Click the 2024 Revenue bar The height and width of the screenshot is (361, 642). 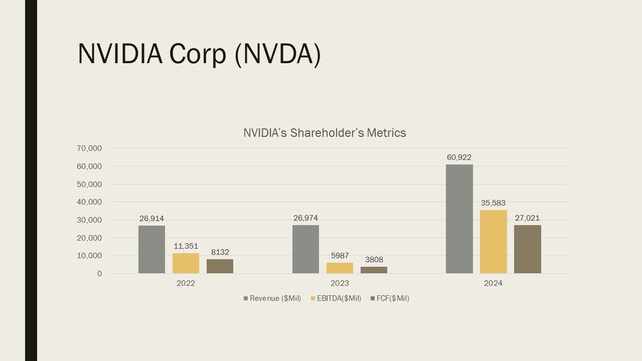click(459, 219)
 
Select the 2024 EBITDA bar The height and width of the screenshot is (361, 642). click(493, 241)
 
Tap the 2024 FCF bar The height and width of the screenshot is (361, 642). click(527, 249)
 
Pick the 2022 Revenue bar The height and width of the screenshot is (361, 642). click(152, 249)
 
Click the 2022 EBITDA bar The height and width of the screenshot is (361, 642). click(186, 263)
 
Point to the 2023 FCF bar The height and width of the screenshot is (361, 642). click(374, 270)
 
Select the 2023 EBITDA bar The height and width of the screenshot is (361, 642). click(340, 268)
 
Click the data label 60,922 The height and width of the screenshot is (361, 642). click(459, 157)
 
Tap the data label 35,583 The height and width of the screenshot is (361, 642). click(493, 203)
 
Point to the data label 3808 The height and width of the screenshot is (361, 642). click(374, 259)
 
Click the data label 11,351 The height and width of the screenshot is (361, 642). click(186, 246)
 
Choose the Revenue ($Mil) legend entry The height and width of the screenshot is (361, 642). click(272, 298)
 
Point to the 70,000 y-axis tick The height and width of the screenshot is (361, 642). click(90, 149)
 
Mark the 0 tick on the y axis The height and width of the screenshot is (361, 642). click(98, 274)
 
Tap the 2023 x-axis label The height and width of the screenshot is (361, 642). click(340, 283)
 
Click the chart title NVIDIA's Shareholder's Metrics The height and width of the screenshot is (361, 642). click(324, 133)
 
